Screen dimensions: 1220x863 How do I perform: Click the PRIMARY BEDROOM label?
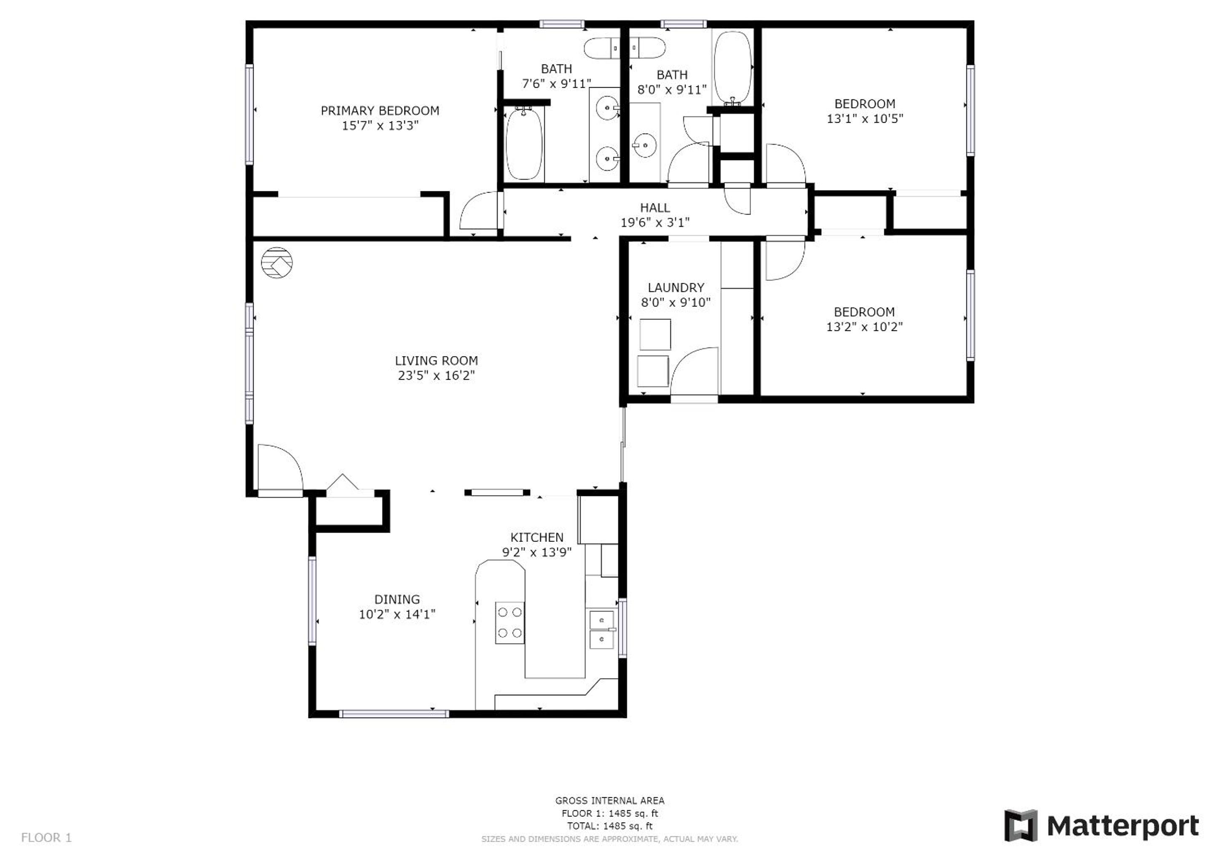point(380,110)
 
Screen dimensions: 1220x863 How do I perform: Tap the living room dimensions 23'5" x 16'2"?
point(436,375)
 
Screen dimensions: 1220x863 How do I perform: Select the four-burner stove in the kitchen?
point(510,623)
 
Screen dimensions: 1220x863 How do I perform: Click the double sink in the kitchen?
point(602,630)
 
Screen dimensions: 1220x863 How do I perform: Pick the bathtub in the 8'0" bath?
point(733,68)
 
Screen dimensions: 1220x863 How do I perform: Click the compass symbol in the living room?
point(277,263)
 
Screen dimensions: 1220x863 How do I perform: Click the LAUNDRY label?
point(676,287)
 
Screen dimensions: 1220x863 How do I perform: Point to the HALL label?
point(654,208)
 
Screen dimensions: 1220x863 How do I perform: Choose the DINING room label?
point(397,600)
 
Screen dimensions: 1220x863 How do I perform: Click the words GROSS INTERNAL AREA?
point(609,800)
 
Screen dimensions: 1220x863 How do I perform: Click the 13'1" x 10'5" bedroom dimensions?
point(864,118)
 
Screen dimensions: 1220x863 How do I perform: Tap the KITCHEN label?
point(536,537)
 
